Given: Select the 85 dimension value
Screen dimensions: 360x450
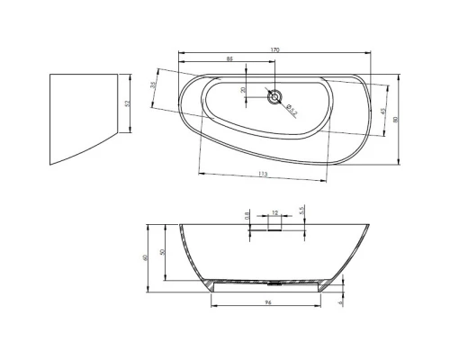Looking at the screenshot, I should click(x=231, y=59).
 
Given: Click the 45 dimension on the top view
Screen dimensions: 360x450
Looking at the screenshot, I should click(x=383, y=111).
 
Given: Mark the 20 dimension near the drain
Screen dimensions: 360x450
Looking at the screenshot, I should click(x=243, y=90).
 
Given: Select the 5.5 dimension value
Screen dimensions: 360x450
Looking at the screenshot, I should click(x=302, y=209).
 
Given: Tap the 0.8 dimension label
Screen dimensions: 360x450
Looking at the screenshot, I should click(x=247, y=215).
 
